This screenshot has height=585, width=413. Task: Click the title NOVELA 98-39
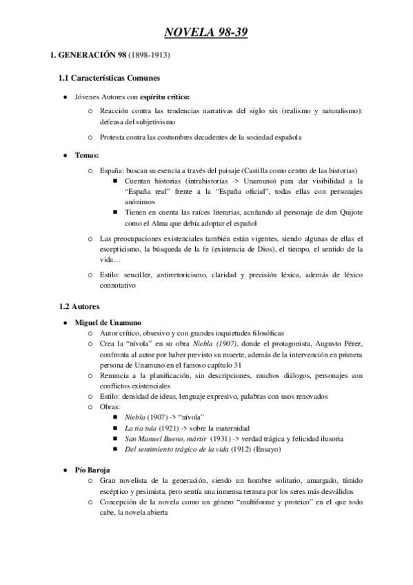pyautogui.click(x=206, y=31)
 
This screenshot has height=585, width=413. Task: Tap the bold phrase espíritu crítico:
pyautogui.click(x=164, y=97)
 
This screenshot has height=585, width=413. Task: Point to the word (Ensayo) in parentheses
pyautogui.click(x=266, y=450)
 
